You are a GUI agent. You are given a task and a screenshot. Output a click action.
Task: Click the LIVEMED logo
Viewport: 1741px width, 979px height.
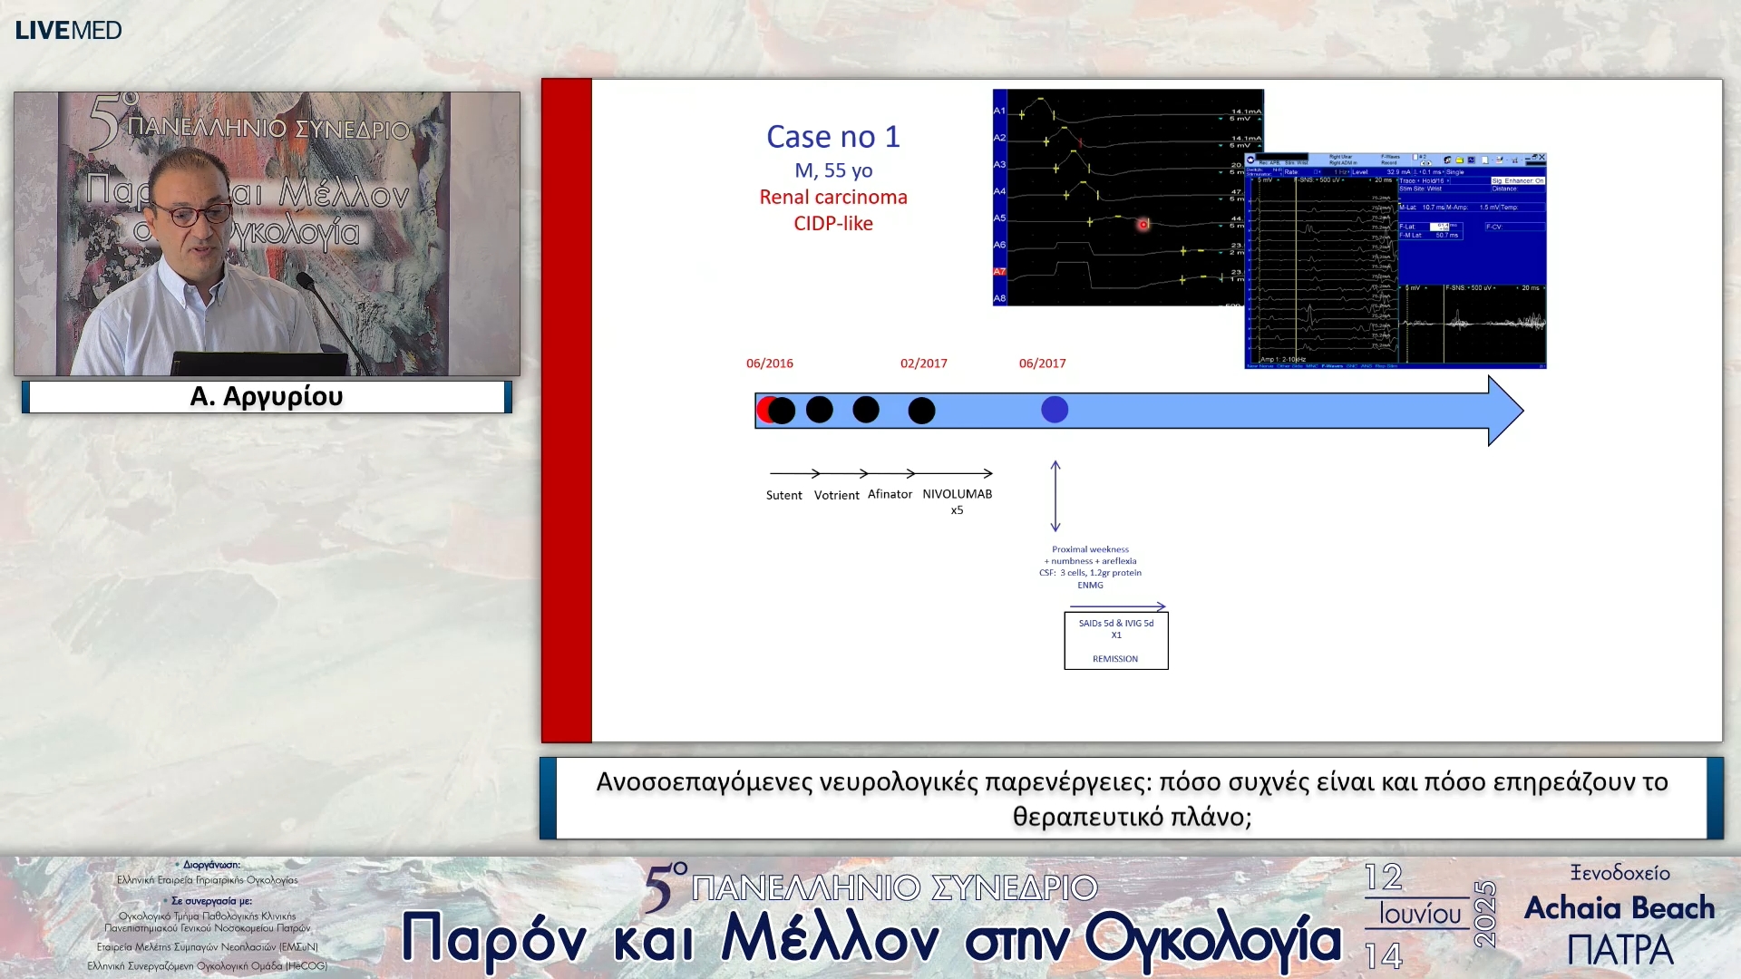tap(68, 30)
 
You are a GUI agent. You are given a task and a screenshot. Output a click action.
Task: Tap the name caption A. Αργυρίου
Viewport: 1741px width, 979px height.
tap(267, 397)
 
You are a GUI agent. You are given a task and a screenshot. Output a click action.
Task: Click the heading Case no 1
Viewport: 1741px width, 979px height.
tap(832, 137)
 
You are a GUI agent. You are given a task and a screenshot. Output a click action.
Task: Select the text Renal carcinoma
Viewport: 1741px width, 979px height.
tap(832, 198)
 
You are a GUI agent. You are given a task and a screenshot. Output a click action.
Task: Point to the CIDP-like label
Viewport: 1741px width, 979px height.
tap(832, 224)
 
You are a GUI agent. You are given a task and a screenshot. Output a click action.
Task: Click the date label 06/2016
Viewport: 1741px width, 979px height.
tap(769, 363)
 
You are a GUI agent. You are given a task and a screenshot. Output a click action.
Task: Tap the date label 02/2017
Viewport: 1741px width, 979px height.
tap(923, 363)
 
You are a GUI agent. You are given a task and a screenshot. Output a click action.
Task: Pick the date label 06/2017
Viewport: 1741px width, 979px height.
tap(1042, 363)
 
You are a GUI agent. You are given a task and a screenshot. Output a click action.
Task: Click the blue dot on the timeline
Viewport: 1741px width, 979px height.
tap(1054, 410)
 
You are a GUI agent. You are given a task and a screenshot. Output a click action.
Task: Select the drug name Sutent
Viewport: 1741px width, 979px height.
tap(783, 496)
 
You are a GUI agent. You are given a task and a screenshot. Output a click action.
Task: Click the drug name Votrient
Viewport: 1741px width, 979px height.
tap(836, 496)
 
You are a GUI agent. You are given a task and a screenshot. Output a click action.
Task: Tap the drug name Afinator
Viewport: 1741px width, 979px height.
tap(890, 495)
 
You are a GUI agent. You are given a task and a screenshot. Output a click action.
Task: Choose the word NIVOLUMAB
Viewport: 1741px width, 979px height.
tap(957, 495)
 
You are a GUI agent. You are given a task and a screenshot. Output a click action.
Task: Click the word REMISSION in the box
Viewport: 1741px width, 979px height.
tap(1114, 659)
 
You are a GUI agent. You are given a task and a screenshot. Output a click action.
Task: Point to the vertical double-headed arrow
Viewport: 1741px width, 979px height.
tap(1055, 496)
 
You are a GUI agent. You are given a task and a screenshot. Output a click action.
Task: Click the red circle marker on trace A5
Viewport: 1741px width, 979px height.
tap(1143, 224)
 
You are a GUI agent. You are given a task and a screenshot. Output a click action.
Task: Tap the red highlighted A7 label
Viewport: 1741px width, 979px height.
tap(999, 272)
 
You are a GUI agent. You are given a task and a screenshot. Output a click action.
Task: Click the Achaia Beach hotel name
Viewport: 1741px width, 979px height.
tap(1619, 908)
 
